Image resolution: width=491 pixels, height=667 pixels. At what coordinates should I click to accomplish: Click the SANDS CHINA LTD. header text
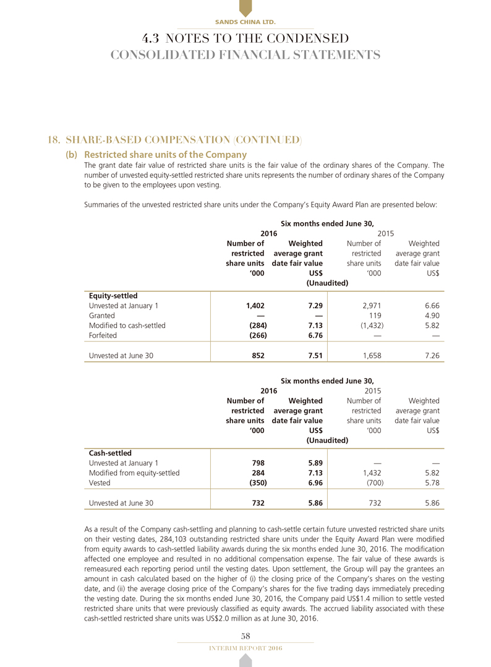(245, 22)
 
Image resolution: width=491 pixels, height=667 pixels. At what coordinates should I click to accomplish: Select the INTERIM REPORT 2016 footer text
(246, 647)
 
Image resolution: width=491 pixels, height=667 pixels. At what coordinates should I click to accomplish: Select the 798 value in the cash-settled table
(258, 463)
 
